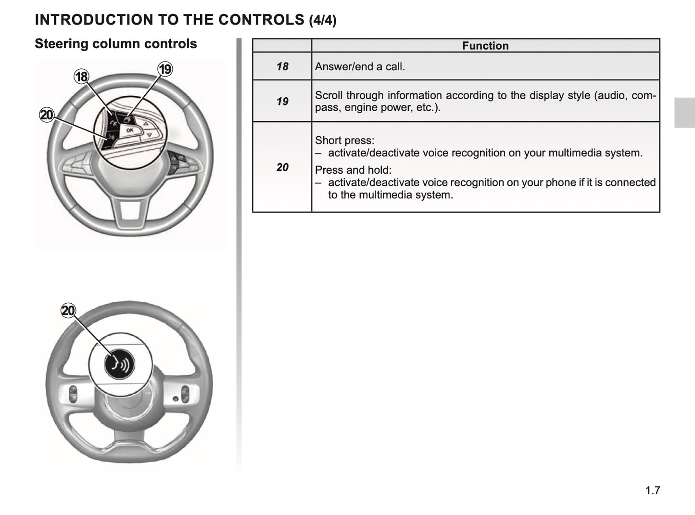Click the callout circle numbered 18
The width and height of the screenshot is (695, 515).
[x=81, y=77]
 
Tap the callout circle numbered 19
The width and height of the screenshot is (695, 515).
[x=165, y=69]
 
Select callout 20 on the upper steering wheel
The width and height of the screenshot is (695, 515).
[x=47, y=115]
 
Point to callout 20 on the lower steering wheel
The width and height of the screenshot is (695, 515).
[x=68, y=310]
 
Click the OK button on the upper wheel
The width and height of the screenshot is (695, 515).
[x=129, y=130]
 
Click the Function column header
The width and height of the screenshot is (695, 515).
[x=485, y=46]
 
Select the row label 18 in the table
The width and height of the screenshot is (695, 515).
[x=282, y=66]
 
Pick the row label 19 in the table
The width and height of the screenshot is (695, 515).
[x=282, y=101]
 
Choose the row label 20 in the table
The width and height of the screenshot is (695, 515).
[x=282, y=167]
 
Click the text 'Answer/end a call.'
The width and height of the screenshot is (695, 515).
[x=360, y=66]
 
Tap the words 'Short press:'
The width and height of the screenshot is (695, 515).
[x=344, y=141]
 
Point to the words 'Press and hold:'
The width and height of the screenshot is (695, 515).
[x=353, y=170]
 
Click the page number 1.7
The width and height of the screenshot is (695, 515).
[x=653, y=490]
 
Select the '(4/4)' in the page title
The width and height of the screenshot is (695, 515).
[x=323, y=21]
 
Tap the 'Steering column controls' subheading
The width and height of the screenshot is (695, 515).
[x=116, y=44]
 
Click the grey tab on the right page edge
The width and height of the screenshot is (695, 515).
[x=684, y=113]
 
